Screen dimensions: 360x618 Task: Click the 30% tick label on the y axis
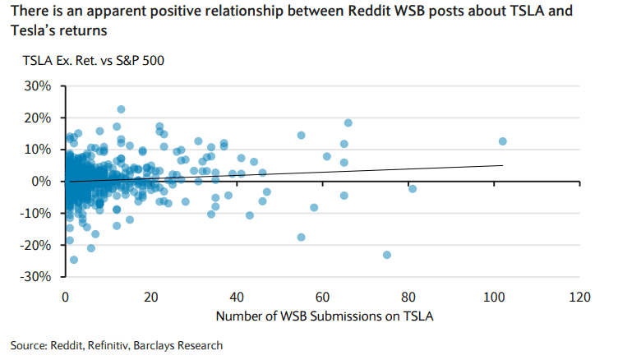point(36,85)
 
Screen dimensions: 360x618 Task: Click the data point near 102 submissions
point(503,141)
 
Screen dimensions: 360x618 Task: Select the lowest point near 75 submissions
point(387,255)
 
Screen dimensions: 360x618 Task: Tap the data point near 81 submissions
point(413,189)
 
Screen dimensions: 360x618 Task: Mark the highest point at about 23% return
point(121,109)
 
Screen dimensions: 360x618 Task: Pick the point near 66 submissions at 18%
point(348,123)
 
